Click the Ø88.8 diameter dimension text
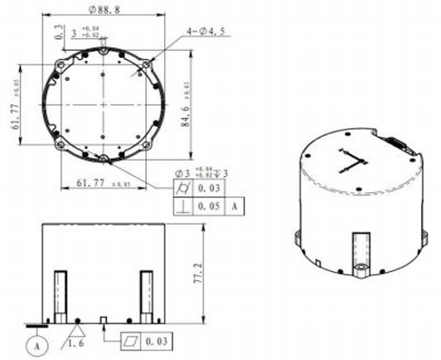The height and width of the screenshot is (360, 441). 105,10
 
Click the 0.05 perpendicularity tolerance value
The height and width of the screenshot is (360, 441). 210,207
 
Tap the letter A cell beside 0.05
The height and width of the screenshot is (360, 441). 237,207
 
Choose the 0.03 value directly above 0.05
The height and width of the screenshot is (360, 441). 210,190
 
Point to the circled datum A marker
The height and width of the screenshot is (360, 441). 37,345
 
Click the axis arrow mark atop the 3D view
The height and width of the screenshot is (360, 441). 350,162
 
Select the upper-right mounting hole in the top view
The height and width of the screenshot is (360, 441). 143,65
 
